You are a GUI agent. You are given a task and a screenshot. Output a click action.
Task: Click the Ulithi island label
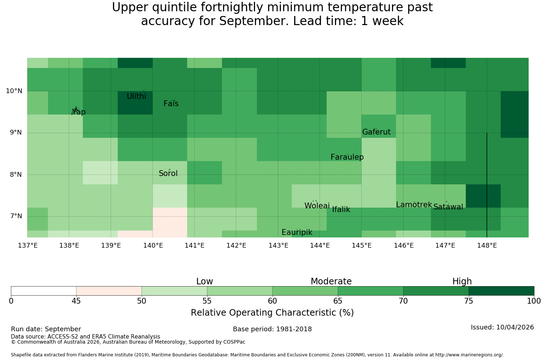pyautogui.click(x=137, y=96)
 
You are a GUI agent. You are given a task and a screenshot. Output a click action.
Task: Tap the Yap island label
pyautogui.click(x=78, y=112)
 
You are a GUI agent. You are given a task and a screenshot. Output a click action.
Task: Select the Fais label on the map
pyautogui.click(x=171, y=104)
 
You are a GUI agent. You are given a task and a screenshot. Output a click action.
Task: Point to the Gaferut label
pyautogui.click(x=376, y=132)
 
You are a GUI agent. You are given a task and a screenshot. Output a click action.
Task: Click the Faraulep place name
pyautogui.click(x=347, y=157)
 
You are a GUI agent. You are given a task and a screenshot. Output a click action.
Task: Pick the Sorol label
pyautogui.click(x=168, y=173)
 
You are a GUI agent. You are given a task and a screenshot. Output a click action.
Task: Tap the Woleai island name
pyautogui.click(x=317, y=205)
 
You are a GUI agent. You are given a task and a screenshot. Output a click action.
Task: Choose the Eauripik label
pyautogui.click(x=297, y=232)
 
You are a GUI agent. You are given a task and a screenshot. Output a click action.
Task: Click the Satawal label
pyautogui.click(x=448, y=207)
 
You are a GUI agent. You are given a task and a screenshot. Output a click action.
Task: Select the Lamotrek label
pyautogui.click(x=414, y=205)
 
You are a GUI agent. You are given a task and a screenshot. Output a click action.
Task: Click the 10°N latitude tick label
pyautogui.click(x=14, y=91)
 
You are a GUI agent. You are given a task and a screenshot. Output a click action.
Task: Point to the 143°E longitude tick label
pyautogui.click(x=278, y=245)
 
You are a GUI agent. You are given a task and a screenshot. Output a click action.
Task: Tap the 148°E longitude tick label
pyautogui.click(x=487, y=245)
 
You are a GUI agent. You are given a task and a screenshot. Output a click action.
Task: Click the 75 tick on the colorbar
pyautogui.click(x=469, y=301)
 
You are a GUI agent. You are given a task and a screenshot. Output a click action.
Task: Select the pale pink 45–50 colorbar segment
pyautogui.click(x=109, y=291)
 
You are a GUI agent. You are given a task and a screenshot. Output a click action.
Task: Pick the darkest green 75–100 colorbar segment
pyautogui.click(x=501, y=291)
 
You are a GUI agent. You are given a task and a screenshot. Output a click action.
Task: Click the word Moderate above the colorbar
pyautogui.click(x=331, y=281)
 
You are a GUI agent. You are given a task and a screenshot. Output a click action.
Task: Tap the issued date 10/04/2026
pyautogui.click(x=515, y=327)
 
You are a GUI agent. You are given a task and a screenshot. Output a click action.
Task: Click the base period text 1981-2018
pyautogui.click(x=294, y=329)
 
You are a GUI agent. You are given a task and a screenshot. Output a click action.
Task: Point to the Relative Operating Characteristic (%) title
pyautogui.click(x=272, y=312)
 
